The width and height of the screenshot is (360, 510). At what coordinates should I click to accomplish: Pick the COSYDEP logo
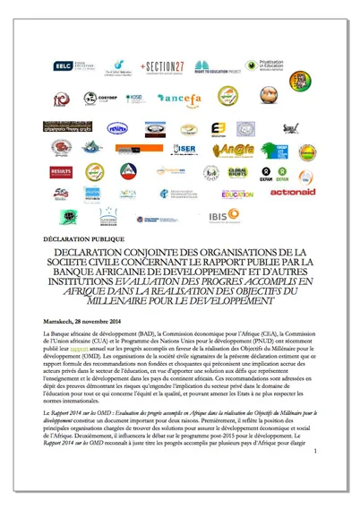point(107,99)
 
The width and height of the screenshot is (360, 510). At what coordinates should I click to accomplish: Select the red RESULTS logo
point(61,170)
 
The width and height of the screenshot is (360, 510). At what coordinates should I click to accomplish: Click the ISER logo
point(186,148)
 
